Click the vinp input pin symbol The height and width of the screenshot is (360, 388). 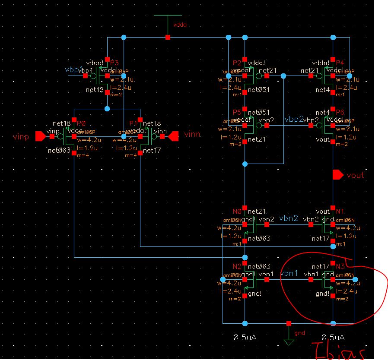point(40,136)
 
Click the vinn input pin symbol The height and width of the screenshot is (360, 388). point(173,136)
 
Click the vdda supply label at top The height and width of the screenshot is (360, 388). point(180,25)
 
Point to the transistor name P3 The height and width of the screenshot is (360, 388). point(114,63)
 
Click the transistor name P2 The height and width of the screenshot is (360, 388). point(237,63)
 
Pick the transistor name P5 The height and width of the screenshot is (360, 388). point(237,112)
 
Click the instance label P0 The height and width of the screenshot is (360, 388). point(81,123)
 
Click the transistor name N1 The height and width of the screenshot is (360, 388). point(340,212)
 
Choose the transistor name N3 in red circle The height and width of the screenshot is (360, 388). point(340,266)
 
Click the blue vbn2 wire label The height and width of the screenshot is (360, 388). point(289,218)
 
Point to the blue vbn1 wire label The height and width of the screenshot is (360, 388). point(289,273)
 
